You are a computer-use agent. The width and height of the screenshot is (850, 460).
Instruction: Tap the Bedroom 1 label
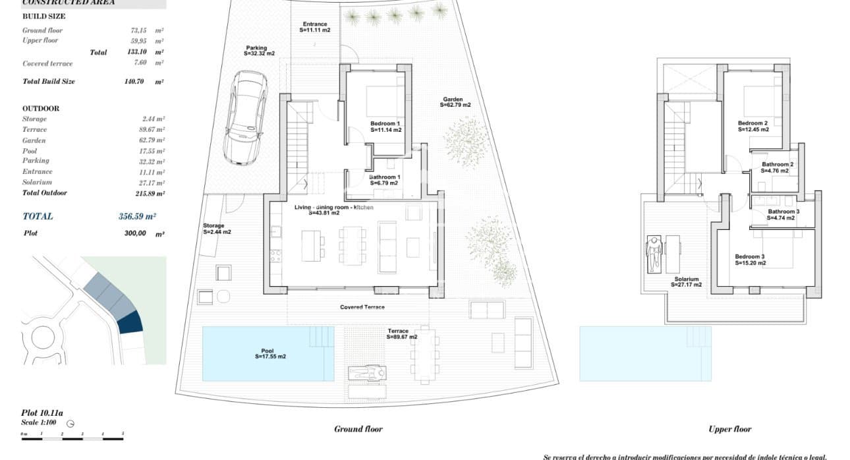(x=385, y=127)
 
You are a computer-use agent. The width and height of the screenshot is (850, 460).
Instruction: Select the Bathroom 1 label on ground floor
(x=385, y=180)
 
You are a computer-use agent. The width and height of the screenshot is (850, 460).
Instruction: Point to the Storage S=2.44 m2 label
(x=217, y=229)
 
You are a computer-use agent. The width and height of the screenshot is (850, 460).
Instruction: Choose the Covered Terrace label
(x=362, y=307)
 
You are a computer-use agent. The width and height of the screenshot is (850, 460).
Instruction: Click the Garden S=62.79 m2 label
(x=457, y=102)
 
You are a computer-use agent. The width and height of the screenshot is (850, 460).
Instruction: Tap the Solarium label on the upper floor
(x=686, y=282)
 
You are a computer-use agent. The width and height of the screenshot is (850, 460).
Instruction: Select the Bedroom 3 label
(x=751, y=259)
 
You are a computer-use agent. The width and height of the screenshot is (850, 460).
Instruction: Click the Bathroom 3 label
(x=783, y=215)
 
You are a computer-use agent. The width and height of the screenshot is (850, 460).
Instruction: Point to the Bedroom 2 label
(x=753, y=127)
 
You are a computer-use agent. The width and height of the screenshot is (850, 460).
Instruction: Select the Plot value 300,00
(x=134, y=233)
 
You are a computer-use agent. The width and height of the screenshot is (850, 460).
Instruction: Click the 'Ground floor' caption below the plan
(x=358, y=429)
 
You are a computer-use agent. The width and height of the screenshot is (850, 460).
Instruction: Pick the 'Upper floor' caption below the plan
(x=729, y=429)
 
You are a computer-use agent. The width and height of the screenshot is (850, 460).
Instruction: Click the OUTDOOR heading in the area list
(x=41, y=109)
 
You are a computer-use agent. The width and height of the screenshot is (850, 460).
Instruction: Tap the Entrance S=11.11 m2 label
(x=315, y=27)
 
